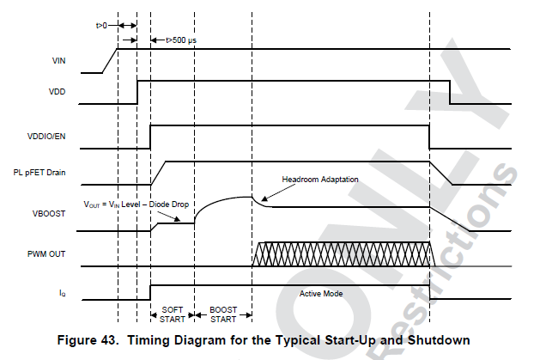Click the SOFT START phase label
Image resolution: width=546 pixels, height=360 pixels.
click(x=172, y=314)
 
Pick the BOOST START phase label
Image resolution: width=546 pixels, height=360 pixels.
click(x=222, y=314)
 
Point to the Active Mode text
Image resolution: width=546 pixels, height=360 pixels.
click(x=322, y=293)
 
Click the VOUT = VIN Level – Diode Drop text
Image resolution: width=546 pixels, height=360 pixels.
click(x=136, y=205)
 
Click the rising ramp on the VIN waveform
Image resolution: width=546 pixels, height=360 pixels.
click(x=110, y=60)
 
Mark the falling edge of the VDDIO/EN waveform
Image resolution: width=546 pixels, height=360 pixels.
click(x=429, y=136)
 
